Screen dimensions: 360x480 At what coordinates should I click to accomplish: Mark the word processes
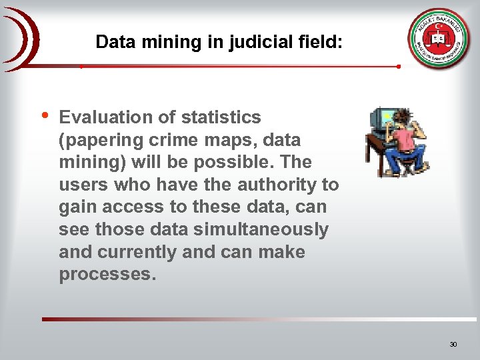(107, 275)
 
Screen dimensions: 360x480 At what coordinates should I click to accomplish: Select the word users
(82, 185)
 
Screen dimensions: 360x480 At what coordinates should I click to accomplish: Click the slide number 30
(453, 345)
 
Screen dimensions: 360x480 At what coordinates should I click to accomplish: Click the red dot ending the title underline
(398, 67)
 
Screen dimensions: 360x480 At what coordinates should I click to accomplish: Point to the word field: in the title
(321, 42)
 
